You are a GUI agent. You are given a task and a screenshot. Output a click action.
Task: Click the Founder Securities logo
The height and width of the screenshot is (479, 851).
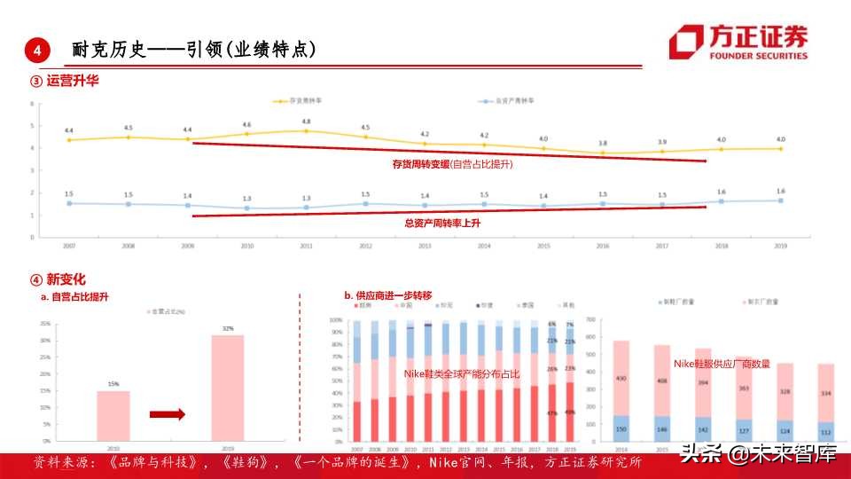(738, 42)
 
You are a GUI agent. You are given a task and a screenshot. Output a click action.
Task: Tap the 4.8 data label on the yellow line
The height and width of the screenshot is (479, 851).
(306, 122)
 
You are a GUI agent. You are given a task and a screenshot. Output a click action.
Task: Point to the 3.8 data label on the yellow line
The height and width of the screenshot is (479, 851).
(603, 143)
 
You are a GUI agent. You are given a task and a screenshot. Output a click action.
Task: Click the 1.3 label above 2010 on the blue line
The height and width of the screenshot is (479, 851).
(246, 198)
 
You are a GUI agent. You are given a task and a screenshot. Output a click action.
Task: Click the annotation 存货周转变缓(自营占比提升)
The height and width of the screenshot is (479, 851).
(452, 164)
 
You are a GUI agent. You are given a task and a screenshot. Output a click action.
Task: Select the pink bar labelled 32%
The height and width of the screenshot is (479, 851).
(228, 387)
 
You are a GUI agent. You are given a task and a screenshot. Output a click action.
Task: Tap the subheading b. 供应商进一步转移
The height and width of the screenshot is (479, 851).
(388, 295)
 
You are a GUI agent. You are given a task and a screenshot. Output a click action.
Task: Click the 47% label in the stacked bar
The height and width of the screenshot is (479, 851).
(551, 413)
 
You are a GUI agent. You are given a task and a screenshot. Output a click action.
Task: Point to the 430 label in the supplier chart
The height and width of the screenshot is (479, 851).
(621, 380)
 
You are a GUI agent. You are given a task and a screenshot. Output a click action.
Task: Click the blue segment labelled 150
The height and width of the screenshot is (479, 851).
(621, 428)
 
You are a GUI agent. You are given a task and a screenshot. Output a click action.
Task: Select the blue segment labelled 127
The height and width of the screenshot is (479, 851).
(744, 431)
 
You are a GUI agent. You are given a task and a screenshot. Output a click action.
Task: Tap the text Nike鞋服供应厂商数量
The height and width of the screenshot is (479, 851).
(722, 364)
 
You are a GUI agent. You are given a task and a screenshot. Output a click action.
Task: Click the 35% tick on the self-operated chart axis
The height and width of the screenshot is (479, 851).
(44, 323)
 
